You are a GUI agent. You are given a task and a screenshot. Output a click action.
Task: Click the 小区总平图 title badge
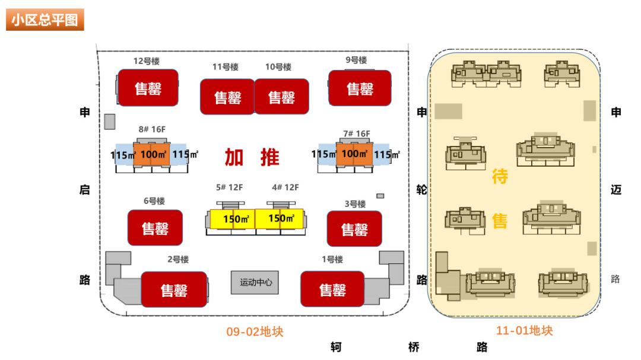(45, 21)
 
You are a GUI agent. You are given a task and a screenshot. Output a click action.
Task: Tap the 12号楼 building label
(146, 61)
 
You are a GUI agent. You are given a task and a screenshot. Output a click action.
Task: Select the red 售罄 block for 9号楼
(360, 88)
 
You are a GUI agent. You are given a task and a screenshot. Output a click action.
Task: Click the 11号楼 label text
(226, 67)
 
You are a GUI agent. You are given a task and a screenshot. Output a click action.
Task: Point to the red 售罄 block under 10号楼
(281, 96)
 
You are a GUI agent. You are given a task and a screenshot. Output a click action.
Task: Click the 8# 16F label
(151, 129)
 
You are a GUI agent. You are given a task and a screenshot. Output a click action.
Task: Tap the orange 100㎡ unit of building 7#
(355, 154)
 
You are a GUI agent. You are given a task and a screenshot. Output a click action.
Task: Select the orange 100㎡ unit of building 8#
(151, 154)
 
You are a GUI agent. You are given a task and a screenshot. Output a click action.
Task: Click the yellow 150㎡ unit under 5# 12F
(233, 219)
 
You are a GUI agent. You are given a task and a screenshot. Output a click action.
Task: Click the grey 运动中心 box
(256, 283)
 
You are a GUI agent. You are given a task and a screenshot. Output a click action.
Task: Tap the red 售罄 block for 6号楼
(155, 228)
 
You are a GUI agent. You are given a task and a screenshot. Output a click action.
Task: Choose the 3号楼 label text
(355, 204)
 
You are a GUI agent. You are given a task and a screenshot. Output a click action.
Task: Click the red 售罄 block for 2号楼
(173, 289)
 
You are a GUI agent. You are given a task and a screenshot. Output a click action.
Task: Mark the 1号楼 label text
(332, 259)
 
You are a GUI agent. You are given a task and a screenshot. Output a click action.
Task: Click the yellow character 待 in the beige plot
(500, 176)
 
